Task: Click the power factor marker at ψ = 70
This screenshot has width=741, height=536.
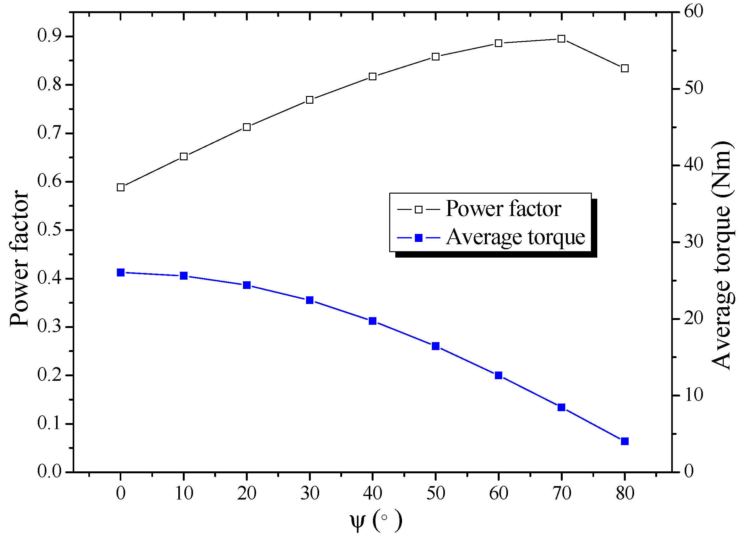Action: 561,39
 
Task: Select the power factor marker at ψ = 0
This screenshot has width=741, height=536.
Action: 121,188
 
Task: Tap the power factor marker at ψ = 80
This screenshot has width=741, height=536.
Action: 624,68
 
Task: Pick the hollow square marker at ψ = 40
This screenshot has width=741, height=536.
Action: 373,77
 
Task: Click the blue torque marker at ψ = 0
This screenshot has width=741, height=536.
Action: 121,272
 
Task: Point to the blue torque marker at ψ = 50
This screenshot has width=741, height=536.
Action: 436,346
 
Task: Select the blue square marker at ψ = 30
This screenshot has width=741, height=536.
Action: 310,300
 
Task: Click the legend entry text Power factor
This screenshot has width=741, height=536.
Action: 503,209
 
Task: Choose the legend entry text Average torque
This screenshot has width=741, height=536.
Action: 515,237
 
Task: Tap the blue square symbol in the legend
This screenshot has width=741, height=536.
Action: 419,238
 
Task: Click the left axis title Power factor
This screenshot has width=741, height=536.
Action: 19,258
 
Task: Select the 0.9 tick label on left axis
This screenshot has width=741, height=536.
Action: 49,36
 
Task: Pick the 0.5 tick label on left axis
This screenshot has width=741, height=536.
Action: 49,230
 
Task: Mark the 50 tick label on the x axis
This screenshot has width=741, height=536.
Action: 436,493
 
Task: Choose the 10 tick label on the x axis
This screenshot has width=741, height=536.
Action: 184,493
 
